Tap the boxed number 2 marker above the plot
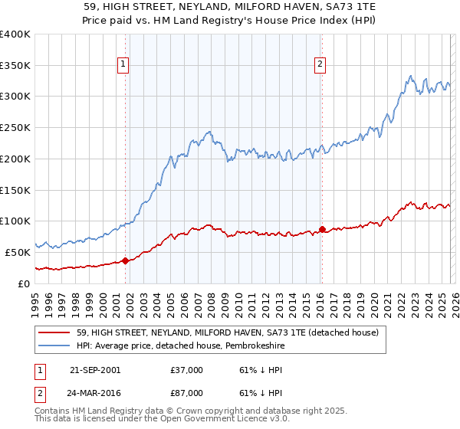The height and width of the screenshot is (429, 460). [320, 65]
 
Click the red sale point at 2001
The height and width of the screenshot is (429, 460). [125, 260]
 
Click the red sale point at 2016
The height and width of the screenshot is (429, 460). [322, 229]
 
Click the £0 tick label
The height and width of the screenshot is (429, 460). [23, 283]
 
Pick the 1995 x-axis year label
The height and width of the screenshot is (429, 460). [35, 300]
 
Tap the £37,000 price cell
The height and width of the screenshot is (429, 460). [187, 370]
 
